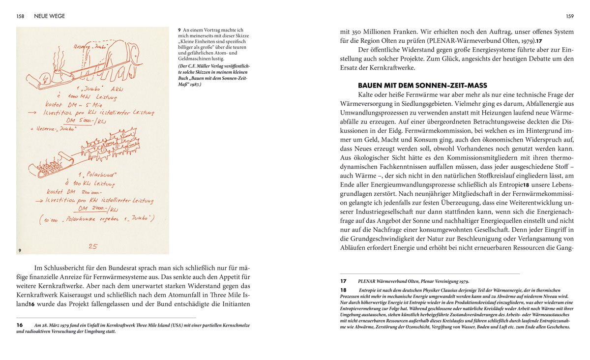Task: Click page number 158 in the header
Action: (21, 16)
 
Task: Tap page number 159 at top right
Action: (569, 16)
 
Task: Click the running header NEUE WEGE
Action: (49, 16)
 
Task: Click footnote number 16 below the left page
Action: (20, 325)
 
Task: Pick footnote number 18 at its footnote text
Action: (344, 290)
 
